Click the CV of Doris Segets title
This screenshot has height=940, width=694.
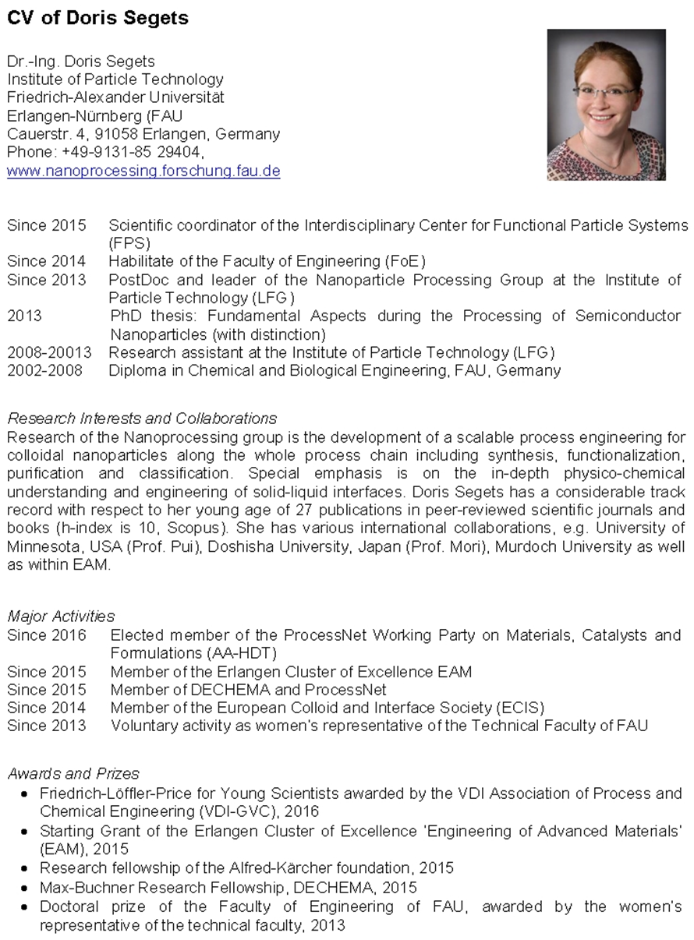(98, 18)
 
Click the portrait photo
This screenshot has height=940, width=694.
(606, 104)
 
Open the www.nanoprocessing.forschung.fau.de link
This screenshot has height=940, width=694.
(143, 171)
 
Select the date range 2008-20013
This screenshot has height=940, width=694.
(49, 353)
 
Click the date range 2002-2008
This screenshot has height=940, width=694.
(44, 371)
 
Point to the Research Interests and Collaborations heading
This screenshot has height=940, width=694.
(142, 419)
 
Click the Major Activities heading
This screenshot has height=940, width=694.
(61, 617)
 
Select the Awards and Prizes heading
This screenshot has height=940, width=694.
(73, 774)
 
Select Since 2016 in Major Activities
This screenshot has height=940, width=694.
(47, 635)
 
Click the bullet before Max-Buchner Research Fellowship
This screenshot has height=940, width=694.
(25, 888)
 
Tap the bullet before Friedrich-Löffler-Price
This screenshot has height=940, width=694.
(25, 794)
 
